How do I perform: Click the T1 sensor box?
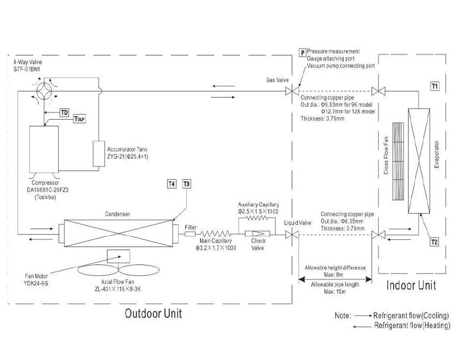[434, 86]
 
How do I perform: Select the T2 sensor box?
[434, 242]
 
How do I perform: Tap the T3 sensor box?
[186, 184]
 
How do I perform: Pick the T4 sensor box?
[172, 184]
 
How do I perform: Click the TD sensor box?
[64, 113]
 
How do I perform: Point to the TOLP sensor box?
[79, 119]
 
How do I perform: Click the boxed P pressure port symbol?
[303, 53]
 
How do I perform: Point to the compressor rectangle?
[44, 149]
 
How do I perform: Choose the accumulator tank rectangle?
[99, 154]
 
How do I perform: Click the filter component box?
[190, 234]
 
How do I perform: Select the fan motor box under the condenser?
[118, 256]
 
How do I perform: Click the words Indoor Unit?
[411, 285]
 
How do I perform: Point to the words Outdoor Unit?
[153, 313]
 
